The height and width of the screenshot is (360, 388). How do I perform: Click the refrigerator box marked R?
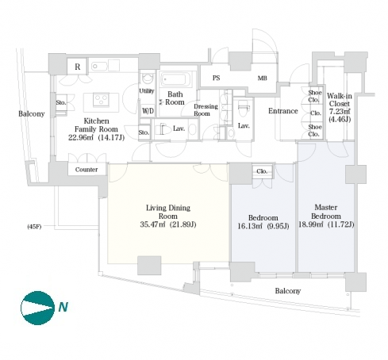coord(77,67)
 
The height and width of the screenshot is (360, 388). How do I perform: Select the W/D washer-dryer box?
coord(148,110)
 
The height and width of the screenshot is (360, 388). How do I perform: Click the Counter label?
coord(86,170)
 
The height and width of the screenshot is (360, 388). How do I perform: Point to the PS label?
coord(216,78)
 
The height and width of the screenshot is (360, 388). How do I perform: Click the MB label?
coord(263,78)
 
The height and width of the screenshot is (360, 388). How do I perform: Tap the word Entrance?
coord(283,111)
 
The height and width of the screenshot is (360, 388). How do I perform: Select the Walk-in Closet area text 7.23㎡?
coord(340,112)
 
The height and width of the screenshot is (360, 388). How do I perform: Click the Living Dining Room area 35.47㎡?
coord(152,224)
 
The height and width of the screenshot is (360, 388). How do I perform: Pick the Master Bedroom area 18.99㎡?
coord(311,224)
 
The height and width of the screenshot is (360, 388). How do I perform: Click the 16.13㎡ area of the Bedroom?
coord(250,226)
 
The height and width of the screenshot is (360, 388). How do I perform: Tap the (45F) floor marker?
coord(34,227)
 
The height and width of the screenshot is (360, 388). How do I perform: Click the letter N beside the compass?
coord(63,307)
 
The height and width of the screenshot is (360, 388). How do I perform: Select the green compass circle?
coord(37,308)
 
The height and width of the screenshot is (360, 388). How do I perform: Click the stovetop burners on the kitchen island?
coord(101,100)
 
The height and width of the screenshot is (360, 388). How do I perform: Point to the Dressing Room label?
coord(206,110)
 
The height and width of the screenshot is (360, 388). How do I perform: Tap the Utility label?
coord(147,91)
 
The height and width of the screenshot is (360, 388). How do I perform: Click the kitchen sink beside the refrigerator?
coord(99,67)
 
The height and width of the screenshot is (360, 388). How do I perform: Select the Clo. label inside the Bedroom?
coord(262,171)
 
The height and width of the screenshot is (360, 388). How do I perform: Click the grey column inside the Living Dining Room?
coord(149,266)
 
